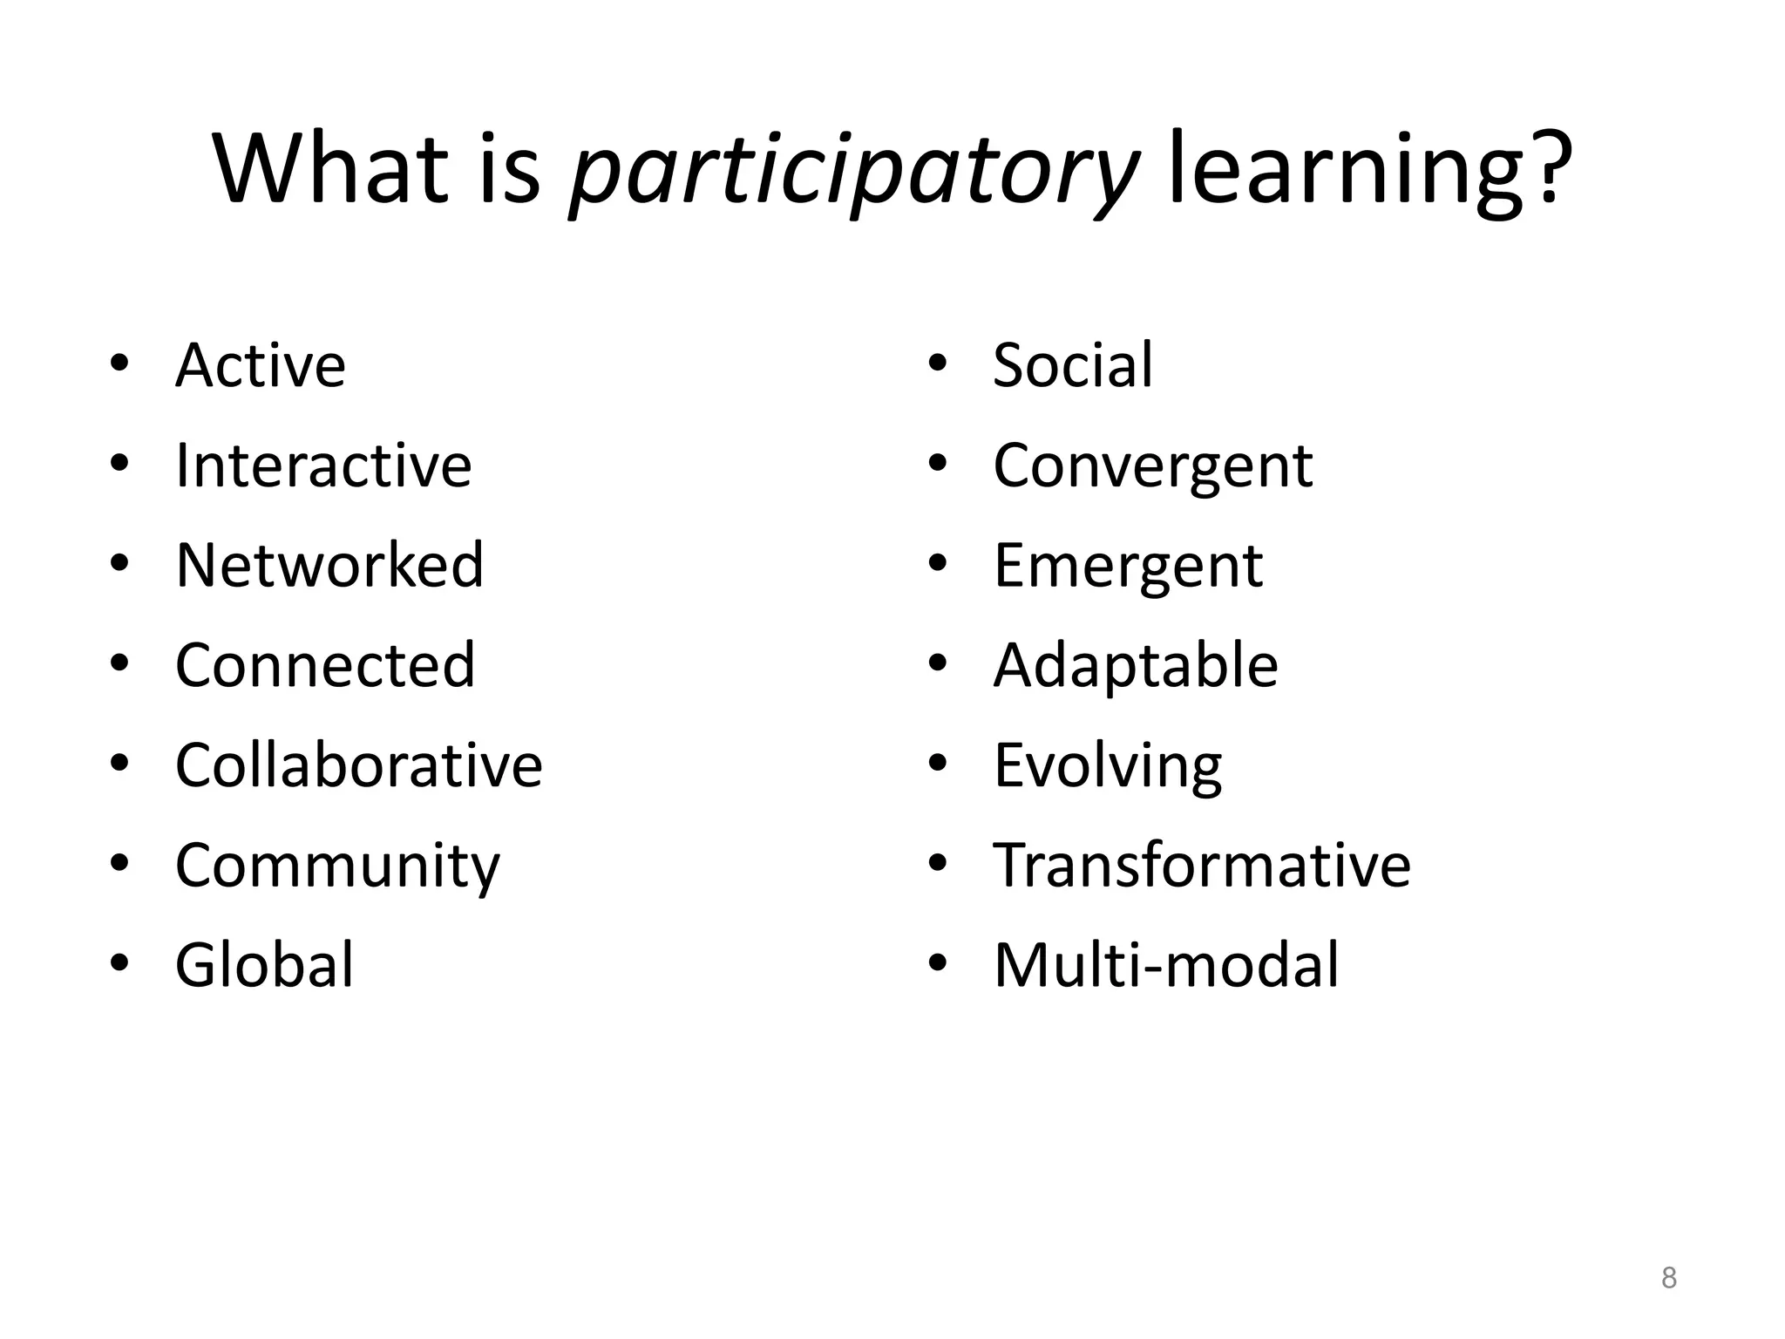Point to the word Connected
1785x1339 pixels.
[325, 665]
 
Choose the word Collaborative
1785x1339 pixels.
[358, 765]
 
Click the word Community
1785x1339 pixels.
[338, 867]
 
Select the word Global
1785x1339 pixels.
[265, 965]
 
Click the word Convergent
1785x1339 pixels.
[1152, 466]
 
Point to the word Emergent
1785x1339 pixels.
[1128, 567]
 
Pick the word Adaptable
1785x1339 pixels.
[1136, 666]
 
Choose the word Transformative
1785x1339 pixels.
[1202, 866]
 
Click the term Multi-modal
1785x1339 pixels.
[1166, 965]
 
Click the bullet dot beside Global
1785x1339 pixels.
[120, 963]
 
